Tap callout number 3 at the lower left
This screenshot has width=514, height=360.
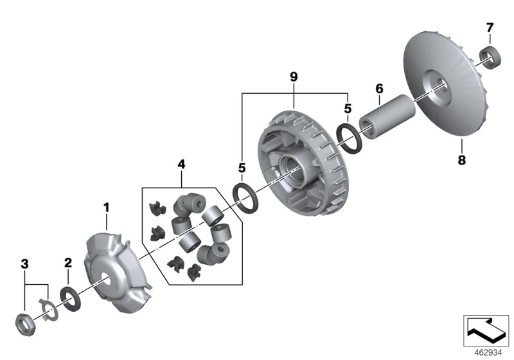click(25, 263)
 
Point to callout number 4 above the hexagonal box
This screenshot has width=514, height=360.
click(181, 165)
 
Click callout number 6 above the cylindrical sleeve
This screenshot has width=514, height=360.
click(379, 87)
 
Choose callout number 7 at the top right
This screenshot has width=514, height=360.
click(489, 28)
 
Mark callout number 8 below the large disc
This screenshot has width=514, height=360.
click(461, 160)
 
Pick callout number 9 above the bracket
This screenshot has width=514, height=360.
click(293, 76)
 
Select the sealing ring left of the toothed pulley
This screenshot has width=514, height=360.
click(246, 196)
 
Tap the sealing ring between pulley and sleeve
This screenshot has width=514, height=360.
click(348, 139)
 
